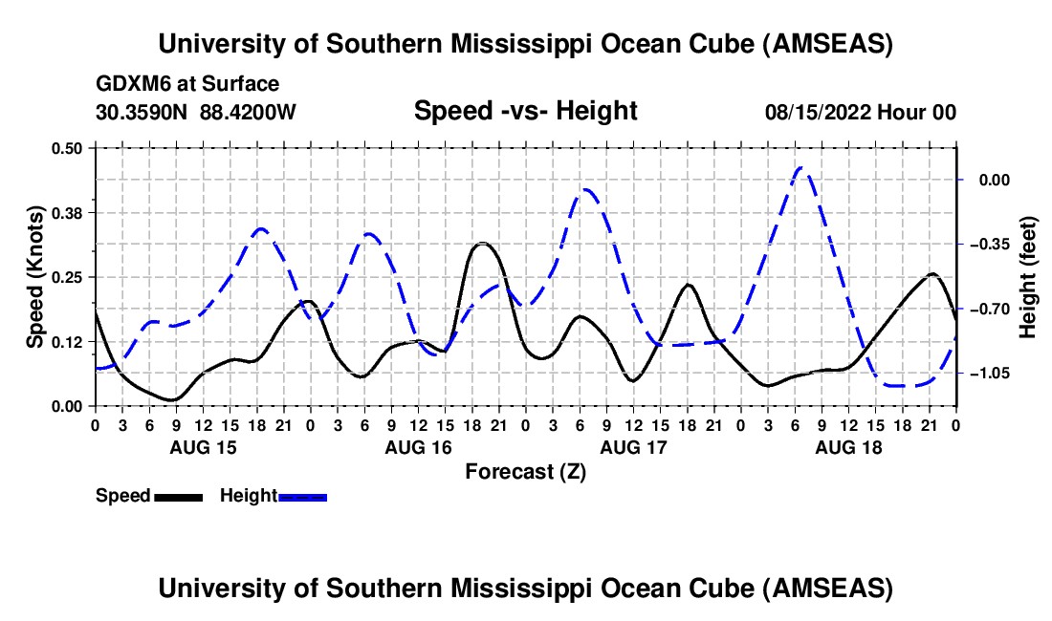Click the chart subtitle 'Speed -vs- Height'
(x=525, y=111)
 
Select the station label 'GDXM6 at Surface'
(x=187, y=84)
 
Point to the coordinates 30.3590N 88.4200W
(x=196, y=113)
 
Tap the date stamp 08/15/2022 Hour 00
(x=861, y=113)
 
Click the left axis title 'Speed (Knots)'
(x=35, y=277)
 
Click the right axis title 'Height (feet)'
(x=1028, y=277)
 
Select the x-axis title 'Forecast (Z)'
(x=525, y=471)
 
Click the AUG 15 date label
(x=203, y=447)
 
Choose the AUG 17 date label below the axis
(x=633, y=447)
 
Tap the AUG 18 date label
(x=848, y=447)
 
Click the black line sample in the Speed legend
(x=178, y=497)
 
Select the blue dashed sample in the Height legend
(x=302, y=497)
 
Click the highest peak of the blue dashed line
(x=801, y=168)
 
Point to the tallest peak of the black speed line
(x=484, y=244)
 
